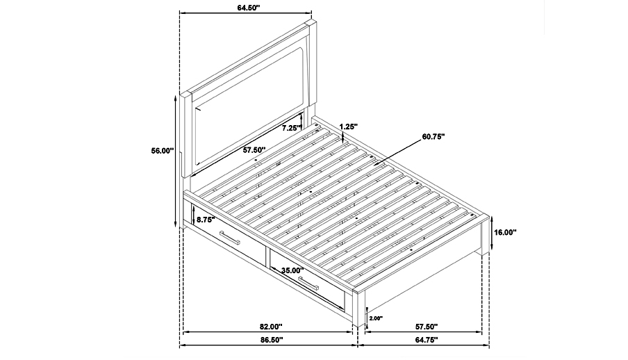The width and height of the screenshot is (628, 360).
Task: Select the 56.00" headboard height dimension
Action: point(162,151)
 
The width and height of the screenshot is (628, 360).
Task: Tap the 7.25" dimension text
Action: point(291,129)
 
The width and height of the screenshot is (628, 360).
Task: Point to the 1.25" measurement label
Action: point(349,126)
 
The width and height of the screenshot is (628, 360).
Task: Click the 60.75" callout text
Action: point(433,137)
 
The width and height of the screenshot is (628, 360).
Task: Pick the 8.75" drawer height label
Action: point(206,220)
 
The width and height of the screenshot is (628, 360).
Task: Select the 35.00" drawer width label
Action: point(292,270)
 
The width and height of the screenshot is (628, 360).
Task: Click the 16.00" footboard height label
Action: point(505,232)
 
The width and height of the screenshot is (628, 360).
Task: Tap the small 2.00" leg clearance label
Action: point(376,318)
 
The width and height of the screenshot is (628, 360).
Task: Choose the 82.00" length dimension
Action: point(271,327)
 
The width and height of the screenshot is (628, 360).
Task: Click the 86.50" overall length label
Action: point(272,340)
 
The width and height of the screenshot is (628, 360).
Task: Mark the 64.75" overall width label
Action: point(427,340)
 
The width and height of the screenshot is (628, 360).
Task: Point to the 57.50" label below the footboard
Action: point(426,327)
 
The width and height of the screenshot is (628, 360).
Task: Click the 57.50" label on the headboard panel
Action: point(255,150)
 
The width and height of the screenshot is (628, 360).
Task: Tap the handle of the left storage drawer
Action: point(229,237)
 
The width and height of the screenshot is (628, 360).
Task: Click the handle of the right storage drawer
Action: point(308,284)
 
